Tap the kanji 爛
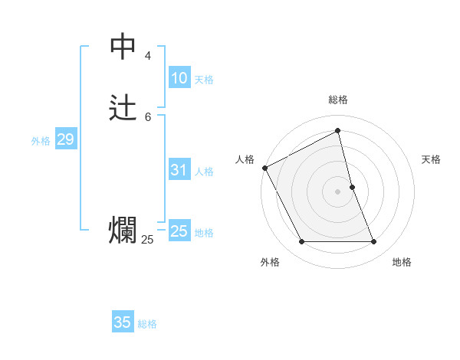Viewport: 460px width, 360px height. click(x=123, y=231)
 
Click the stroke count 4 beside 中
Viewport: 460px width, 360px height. click(x=147, y=56)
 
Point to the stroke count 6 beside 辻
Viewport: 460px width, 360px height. click(x=147, y=116)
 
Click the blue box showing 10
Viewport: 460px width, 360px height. click(x=179, y=78)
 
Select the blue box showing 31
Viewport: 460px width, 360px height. click(x=179, y=170)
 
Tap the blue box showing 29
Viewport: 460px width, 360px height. click(x=65, y=139)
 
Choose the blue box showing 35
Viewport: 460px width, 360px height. click(x=123, y=322)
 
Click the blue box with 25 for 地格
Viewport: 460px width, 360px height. click(x=179, y=231)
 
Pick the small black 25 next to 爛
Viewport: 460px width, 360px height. click(x=147, y=240)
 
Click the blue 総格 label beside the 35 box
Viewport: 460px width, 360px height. click(x=147, y=324)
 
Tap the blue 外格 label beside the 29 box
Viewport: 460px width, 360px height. click(x=41, y=141)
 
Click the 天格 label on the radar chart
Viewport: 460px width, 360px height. click(x=431, y=159)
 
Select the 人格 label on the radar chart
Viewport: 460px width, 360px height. click(x=245, y=159)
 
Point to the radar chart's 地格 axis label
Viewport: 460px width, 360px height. click(x=402, y=262)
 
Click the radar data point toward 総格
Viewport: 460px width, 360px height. click(x=338, y=131)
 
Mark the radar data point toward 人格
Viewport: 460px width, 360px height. click(x=264, y=167)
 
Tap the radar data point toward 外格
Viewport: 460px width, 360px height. click(x=302, y=242)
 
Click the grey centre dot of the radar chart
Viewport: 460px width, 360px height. click(x=338, y=191)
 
